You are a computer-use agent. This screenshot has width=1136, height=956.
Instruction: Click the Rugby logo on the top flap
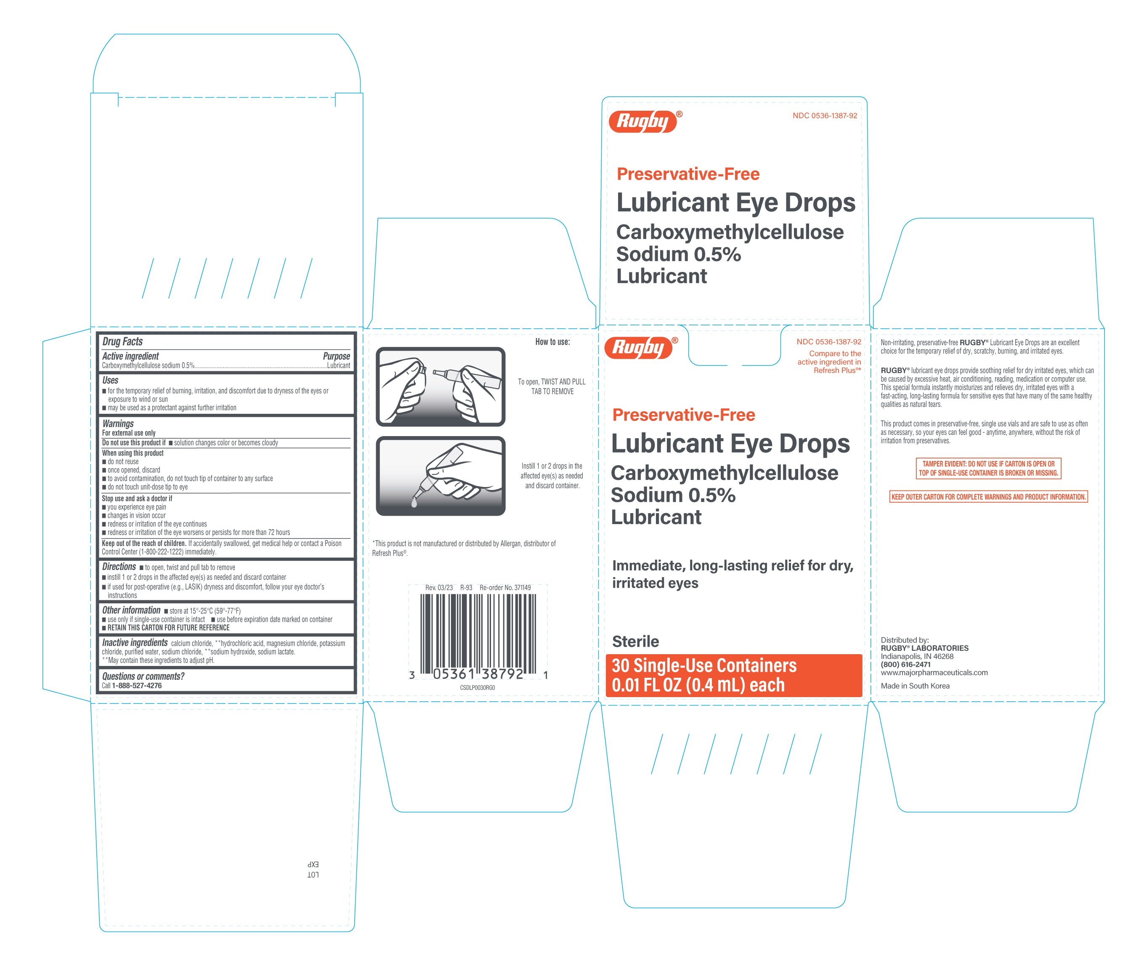click(643, 121)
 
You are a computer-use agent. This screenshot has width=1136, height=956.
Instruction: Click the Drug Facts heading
click(122, 341)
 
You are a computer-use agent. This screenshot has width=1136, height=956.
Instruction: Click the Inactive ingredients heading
click(135, 643)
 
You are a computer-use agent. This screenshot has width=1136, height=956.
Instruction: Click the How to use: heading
click(552, 342)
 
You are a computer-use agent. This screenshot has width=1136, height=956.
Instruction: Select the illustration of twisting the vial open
click(441, 386)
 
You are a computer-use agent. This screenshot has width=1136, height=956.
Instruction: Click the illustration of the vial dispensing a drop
click(441, 476)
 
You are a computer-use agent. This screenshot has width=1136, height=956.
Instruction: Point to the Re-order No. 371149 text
click(505, 588)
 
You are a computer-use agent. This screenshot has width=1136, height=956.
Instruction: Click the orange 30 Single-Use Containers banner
click(733, 675)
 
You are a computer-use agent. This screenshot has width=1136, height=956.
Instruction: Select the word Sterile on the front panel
click(635, 642)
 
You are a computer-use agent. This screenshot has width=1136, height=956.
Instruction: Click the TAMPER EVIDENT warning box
click(988, 468)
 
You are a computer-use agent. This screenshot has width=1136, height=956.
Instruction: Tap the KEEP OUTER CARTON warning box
click(988, 497)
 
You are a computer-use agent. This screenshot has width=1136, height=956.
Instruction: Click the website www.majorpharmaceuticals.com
click(934, 673)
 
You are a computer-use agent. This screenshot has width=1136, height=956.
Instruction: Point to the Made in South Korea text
click(915, 686)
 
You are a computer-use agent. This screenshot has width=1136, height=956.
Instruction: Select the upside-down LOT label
click(313, 875)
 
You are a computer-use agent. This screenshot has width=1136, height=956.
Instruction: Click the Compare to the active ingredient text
click(829, 362)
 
